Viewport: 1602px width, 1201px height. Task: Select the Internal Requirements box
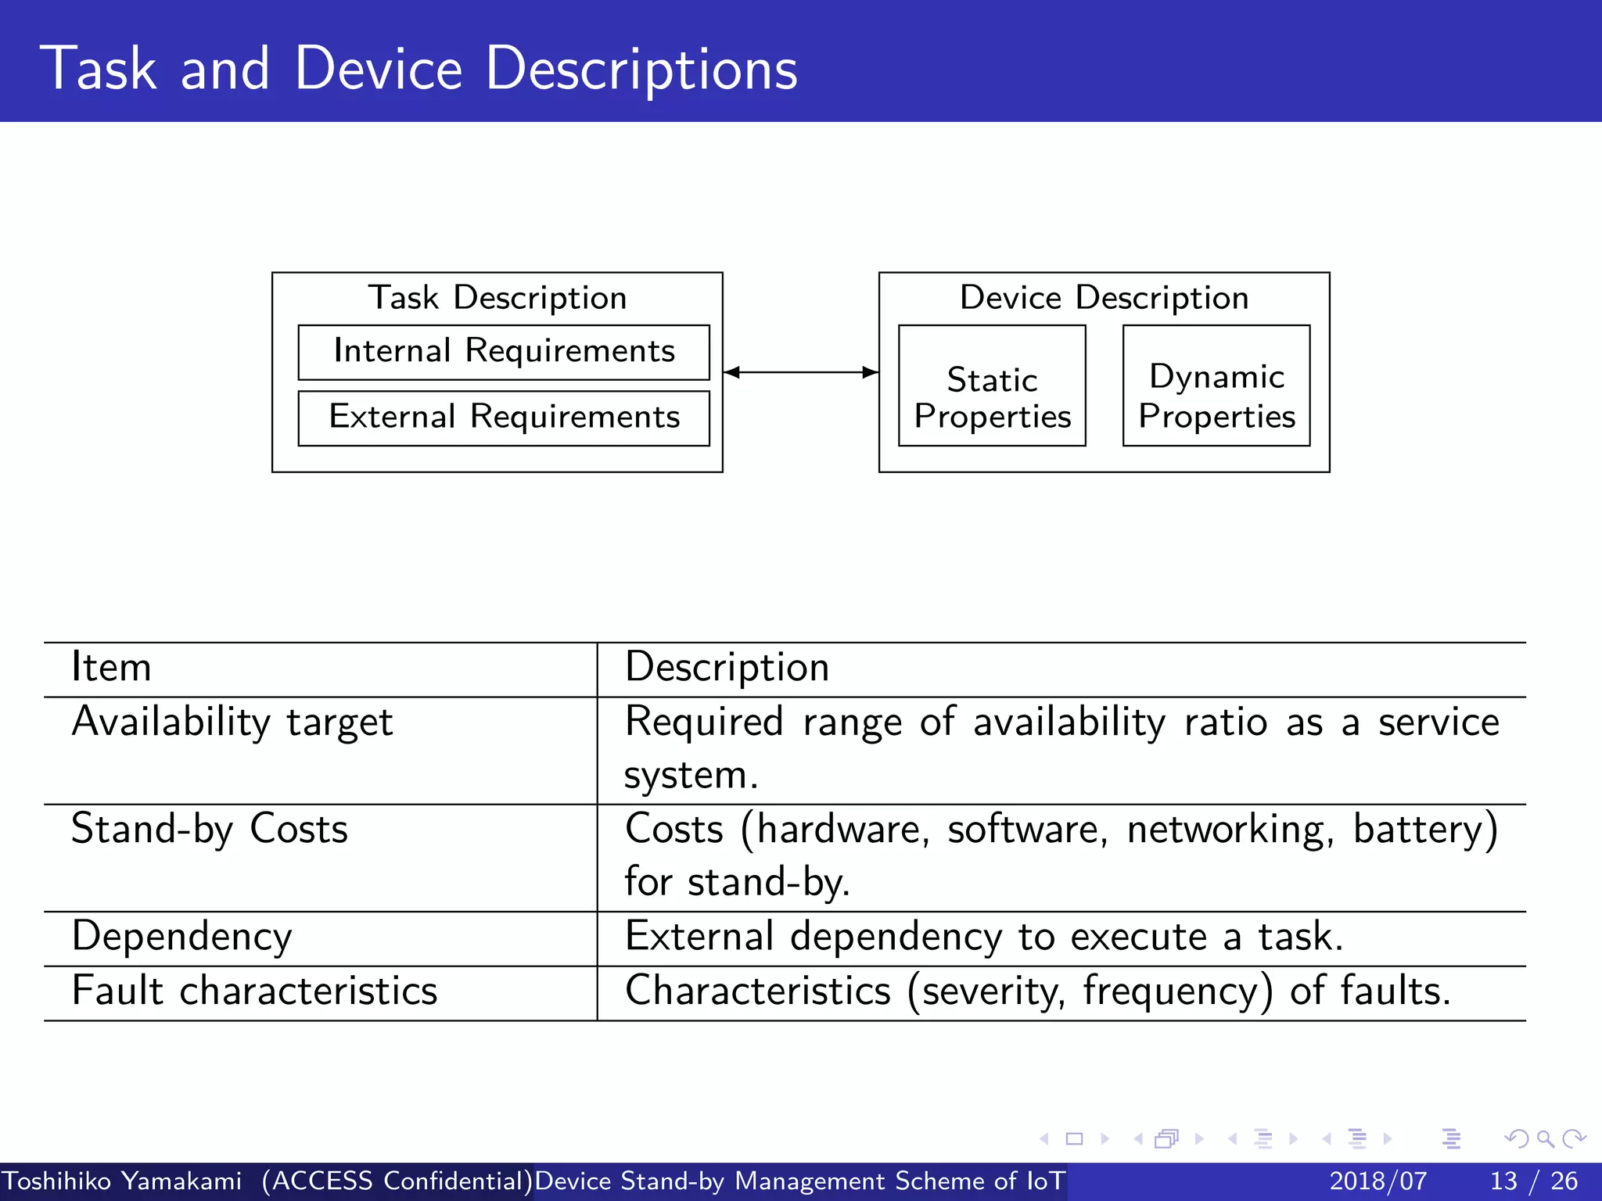click(504, 352)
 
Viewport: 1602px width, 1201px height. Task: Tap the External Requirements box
click(504, 418)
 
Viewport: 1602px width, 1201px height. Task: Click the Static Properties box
click(992, 386)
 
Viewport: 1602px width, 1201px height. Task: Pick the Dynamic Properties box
click(1216, 386)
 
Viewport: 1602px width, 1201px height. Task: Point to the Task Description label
click(497, 298)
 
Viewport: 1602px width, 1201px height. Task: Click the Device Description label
click(1104, 298)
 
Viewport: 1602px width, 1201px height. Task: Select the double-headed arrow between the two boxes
click(800, 372)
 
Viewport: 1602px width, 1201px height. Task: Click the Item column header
click(111, 668)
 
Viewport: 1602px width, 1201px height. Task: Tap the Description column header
click(727, 668)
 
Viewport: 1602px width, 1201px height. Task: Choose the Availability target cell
click(232, 722)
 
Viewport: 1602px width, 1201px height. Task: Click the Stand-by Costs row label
click(210, 829)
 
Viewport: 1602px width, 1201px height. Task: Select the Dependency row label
click(181, 937)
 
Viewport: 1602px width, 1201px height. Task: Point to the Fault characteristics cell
click(254, 991)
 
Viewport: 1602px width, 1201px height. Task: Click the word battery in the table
click(1418, 829)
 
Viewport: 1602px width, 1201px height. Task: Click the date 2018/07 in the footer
click(1378, 1181)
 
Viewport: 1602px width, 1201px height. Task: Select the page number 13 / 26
click(1533, 1181)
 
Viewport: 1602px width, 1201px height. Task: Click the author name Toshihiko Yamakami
click(122, 1181)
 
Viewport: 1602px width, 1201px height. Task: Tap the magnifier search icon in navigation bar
click(1545, 1138)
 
